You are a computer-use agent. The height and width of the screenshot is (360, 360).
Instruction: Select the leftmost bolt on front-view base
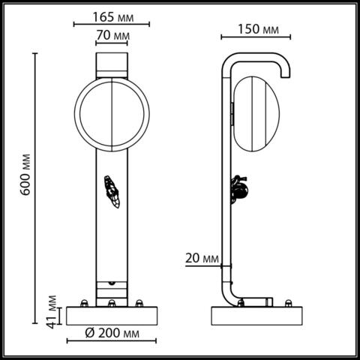pos(83,303)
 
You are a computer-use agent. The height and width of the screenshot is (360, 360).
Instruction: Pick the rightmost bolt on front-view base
pos(139,303)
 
